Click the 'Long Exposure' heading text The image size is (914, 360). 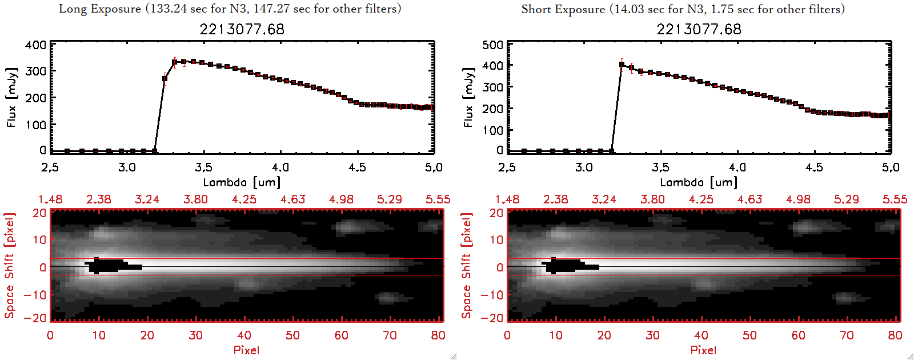(100, 9)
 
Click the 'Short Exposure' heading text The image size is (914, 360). (563, 9)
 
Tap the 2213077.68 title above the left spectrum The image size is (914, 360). (242, 29)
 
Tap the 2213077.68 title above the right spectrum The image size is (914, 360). (699, 29)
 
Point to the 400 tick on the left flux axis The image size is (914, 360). (36, 45)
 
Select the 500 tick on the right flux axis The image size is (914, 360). (493, 45)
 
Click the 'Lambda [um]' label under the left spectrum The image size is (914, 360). (242, 182)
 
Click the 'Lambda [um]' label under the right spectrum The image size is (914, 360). (699, 182)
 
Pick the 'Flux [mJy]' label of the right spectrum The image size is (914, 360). (468, 97)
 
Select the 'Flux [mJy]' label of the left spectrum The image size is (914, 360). (11, 97)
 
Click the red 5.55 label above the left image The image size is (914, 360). (438, 199)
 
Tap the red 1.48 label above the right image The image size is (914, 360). (507, 199)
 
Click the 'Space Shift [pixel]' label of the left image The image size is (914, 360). (10, 266)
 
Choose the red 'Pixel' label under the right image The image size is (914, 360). (703, 350)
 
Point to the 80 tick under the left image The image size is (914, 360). (438, 335)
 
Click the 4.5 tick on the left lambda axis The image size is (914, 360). (357, 167)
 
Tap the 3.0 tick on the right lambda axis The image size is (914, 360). (584, 167)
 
